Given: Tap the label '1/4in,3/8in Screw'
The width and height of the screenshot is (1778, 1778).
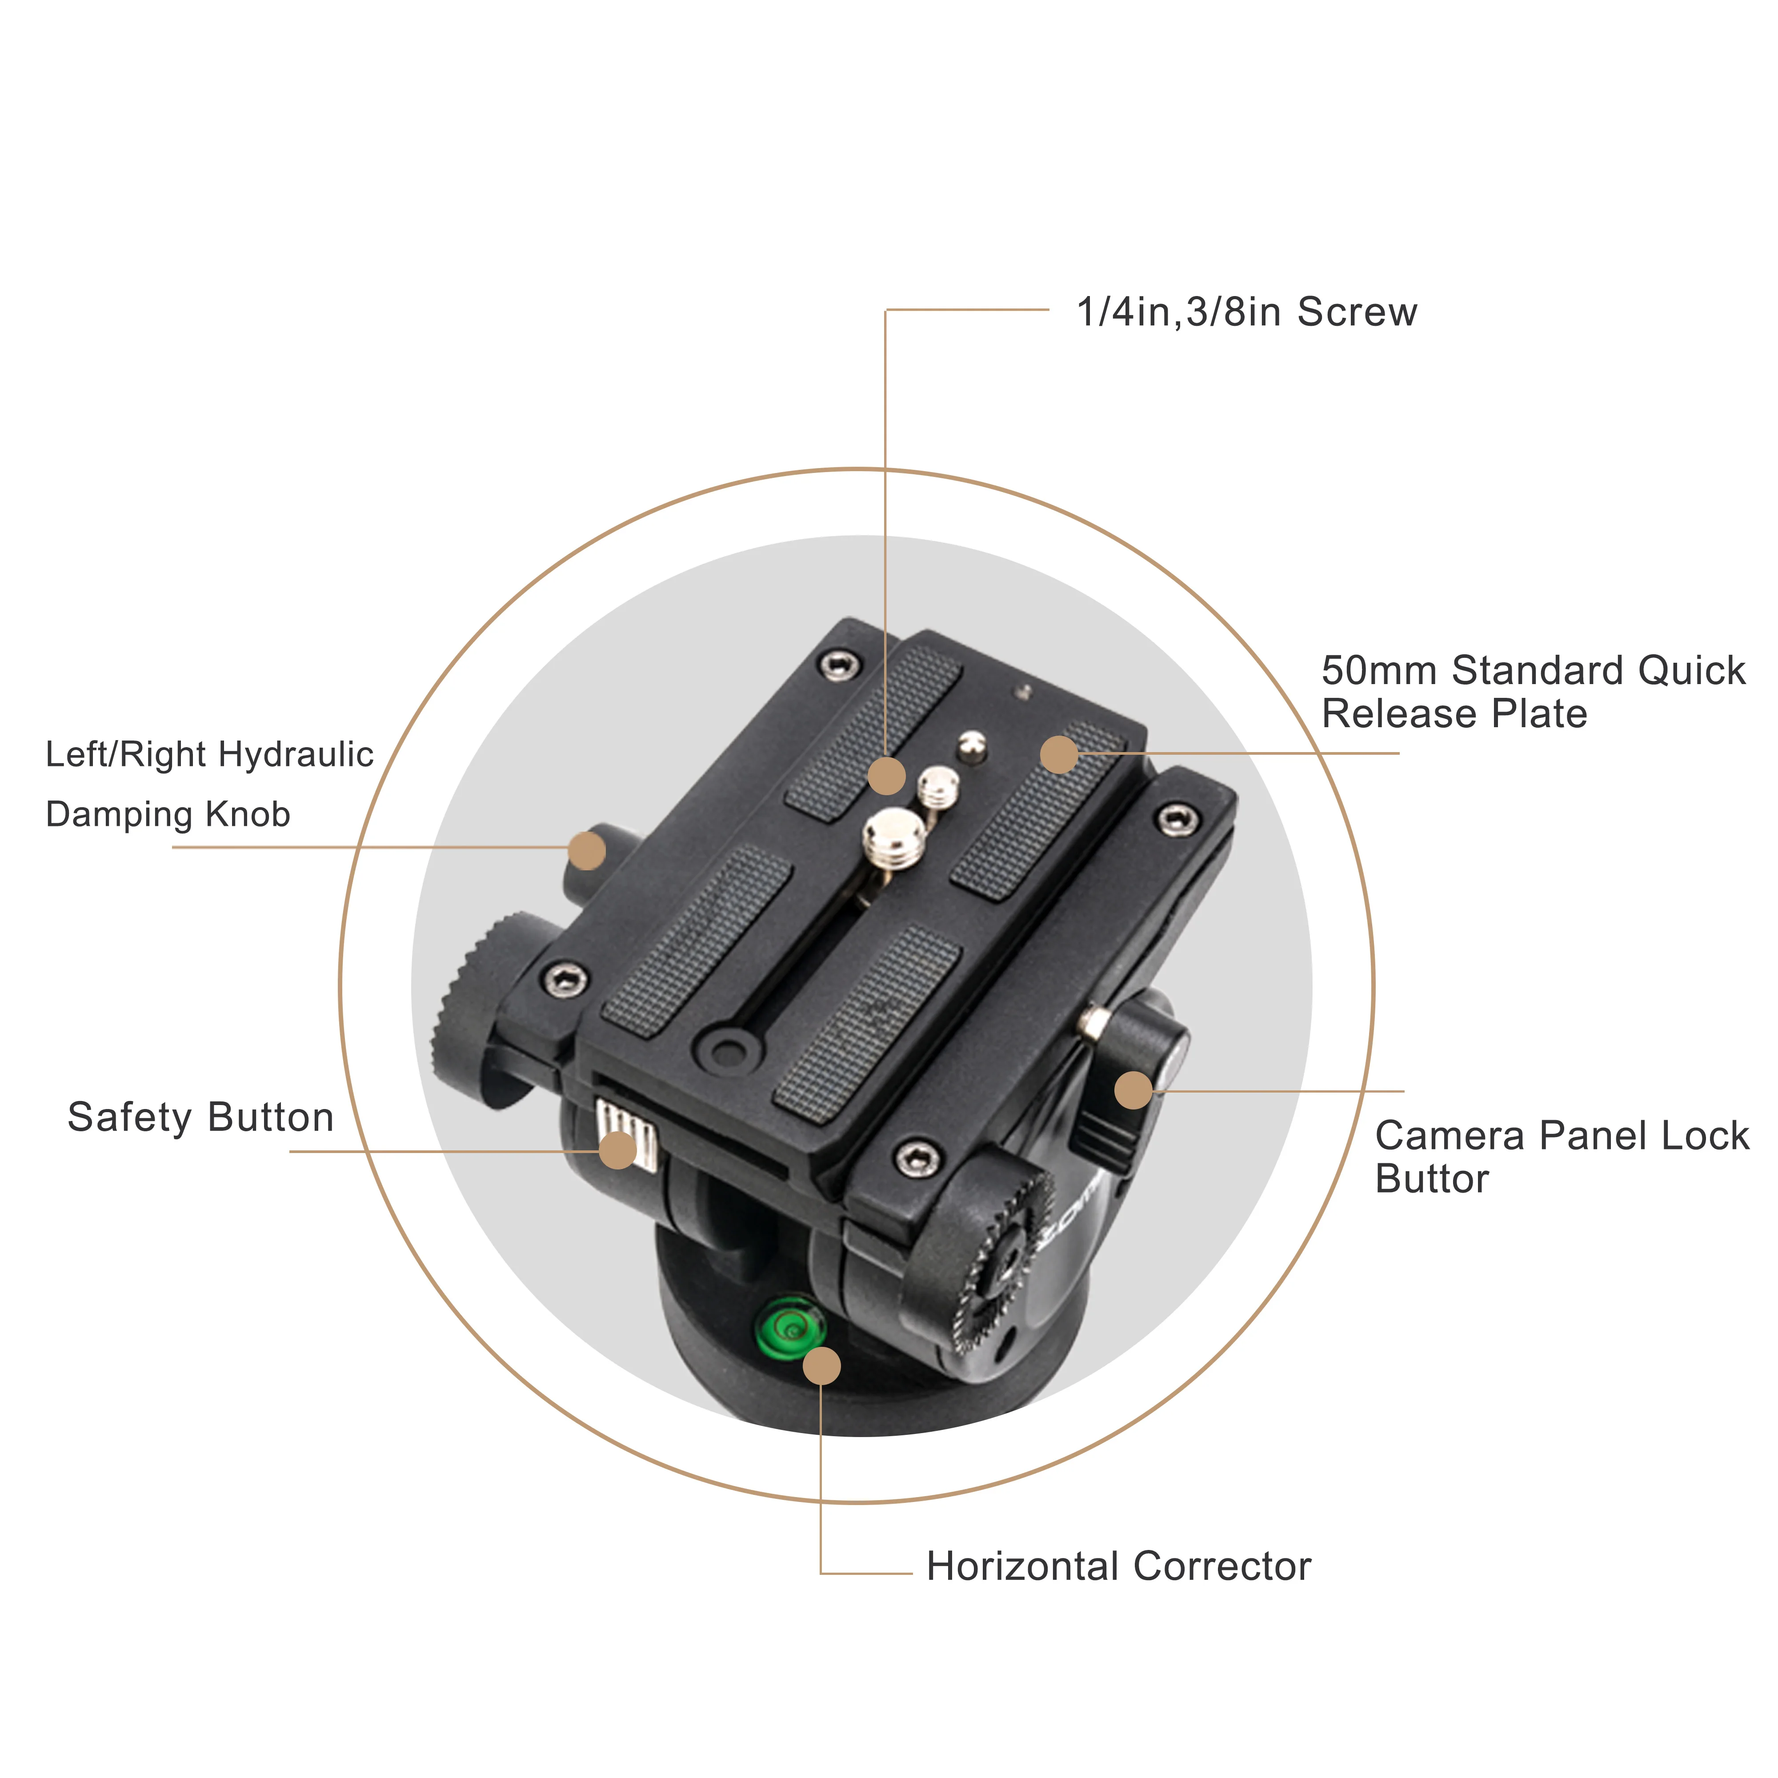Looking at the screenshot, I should pyautogui.click(x=1246, y=312).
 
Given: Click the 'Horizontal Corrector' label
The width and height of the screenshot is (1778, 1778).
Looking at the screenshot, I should pyautogui.click(x=1118, y=1566).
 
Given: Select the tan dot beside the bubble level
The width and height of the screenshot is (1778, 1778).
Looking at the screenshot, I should pyautogui.click(x=821, y=1366).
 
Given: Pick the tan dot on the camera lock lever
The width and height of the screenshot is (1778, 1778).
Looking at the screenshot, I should pyautogui.click(x=1133, y=1090).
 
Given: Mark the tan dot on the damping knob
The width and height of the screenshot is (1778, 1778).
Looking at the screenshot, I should pyautogui.click(x=586, y=850).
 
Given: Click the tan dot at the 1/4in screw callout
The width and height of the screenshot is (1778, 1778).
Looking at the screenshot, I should pyautogui.click(x=886, y=776).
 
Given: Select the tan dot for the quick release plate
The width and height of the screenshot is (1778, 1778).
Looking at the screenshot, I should pyautogui.click(x=1058, y=755).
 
